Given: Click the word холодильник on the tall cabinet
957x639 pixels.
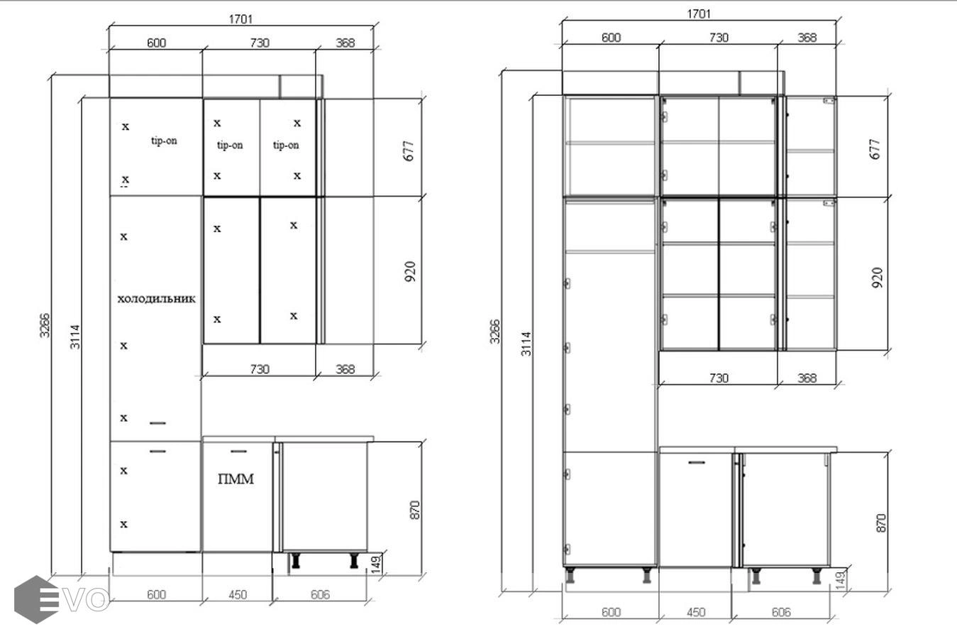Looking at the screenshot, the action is click(156, 299).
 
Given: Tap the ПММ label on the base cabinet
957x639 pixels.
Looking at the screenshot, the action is click(236, 479).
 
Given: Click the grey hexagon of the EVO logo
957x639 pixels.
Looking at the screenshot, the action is click(36, 599).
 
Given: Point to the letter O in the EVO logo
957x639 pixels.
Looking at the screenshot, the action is click(99, 600).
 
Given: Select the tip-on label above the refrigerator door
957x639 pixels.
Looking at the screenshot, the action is click(164, 141).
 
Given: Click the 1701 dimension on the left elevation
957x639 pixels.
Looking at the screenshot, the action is click(240, 19).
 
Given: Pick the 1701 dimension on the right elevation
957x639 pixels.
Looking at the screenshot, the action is click(699, 14).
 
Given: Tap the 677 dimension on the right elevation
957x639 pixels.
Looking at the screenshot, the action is click(875, 149).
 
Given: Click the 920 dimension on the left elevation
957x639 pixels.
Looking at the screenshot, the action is click(410, 272).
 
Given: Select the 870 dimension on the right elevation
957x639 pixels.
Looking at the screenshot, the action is click(881, 523).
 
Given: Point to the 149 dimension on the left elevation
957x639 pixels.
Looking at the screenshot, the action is click(377, 564).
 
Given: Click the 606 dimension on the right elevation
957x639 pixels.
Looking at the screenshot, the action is click(781, 612).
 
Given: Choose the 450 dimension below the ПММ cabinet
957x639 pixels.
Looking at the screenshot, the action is click(237, 594).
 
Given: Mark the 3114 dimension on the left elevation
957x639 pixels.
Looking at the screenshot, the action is click(75, 337).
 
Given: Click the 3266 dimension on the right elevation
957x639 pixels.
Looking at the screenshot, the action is click(494, 332).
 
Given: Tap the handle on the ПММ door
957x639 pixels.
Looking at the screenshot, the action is click(238, 452).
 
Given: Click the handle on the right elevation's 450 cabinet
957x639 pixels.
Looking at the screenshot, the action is click(697, 462).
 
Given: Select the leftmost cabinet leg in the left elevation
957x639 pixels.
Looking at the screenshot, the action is click(295, 560).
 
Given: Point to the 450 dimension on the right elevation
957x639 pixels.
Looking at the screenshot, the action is click(696, 612).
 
